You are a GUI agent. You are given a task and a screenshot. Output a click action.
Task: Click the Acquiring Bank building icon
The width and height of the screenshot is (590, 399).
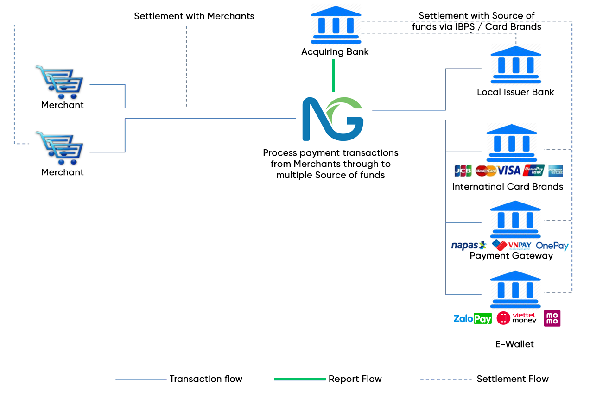(336, 25)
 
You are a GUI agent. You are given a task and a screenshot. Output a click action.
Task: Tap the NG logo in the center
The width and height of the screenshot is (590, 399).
(333, 119)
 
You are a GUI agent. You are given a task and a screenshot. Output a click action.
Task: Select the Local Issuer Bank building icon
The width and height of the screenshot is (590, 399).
(516, 65)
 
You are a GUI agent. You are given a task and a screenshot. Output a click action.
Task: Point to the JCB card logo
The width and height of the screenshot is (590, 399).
(463, 171)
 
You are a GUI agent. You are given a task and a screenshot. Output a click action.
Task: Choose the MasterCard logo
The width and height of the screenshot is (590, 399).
(485, 171)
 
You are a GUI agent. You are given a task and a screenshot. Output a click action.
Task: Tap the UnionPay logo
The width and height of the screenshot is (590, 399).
(533, 170)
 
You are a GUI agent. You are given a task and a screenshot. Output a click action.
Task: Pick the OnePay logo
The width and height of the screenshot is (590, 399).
(552, 245)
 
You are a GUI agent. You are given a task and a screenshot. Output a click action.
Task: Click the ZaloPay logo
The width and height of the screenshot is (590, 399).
(472, 318)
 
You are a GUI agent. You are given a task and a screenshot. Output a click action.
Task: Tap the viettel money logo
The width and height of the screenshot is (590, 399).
(516, 318)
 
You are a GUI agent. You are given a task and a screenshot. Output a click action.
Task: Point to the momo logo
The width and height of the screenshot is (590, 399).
(552, 318)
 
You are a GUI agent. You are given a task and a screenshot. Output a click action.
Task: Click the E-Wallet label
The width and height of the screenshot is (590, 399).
(514, 344)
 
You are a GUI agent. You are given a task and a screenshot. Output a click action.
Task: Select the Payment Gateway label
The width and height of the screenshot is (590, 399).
(511, 256)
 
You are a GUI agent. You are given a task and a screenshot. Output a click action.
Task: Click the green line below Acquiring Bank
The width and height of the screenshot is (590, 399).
(333, 75)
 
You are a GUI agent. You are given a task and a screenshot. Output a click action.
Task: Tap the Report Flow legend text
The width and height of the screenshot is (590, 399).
(355, 379)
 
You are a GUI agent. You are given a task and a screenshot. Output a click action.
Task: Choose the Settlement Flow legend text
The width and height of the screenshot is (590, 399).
(513, 379)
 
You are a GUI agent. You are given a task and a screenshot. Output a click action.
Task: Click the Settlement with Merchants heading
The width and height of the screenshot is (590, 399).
(194, 16)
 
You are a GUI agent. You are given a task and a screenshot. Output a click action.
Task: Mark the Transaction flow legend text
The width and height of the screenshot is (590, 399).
(206, 379)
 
